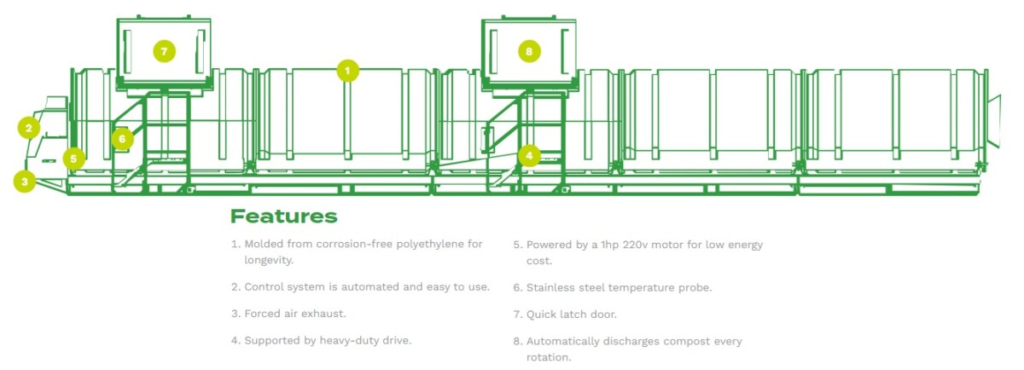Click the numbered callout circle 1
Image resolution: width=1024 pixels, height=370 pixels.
[x=347, y=71]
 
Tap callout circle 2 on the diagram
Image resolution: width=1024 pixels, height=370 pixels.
[x=29, y=128]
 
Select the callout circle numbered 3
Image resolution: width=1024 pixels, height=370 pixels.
[x=25, y=181]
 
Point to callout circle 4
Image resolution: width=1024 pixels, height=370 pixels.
[x=529, y=156]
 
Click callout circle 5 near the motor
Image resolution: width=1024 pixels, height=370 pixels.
[x=74, y=158]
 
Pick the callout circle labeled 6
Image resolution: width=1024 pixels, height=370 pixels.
[x=122, y=138]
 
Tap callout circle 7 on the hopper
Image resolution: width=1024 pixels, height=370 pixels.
[x=165, y=51]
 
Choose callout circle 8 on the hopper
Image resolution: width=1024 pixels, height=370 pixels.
[x=529, y=51]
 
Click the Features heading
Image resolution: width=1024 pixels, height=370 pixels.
[x=283, y=217]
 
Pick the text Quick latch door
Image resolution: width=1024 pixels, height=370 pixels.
[x=570, y=315]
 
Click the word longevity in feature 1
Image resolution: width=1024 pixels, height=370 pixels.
[x=267, y=260]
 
